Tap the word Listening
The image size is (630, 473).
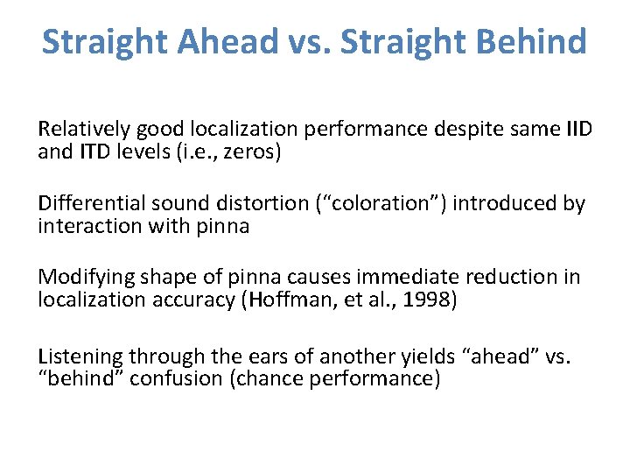tap(80, 356)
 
